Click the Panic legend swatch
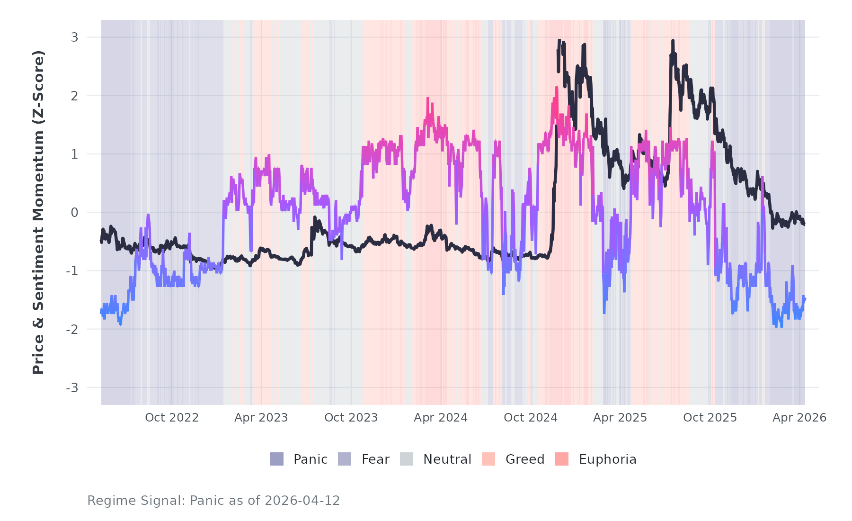point(277,459)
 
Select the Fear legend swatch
point(345,459)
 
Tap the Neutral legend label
point(447,459)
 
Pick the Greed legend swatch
point(488,459)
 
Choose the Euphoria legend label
point(607,459)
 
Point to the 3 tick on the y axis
point(75,37)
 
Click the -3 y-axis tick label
point(72,388)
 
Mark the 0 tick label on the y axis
point(75,213)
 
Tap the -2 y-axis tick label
point(72,329)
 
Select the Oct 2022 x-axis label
point(172,418)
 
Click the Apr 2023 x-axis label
point(261,418)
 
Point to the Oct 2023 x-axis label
point(351,418)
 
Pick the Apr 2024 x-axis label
point(441,418)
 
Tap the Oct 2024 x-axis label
point(531,418)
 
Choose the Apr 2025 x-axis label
point(620,418)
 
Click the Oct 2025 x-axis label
point(710,418)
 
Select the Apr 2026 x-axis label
point(799,418)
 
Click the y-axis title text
point(38,212)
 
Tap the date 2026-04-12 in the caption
point(302,501)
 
